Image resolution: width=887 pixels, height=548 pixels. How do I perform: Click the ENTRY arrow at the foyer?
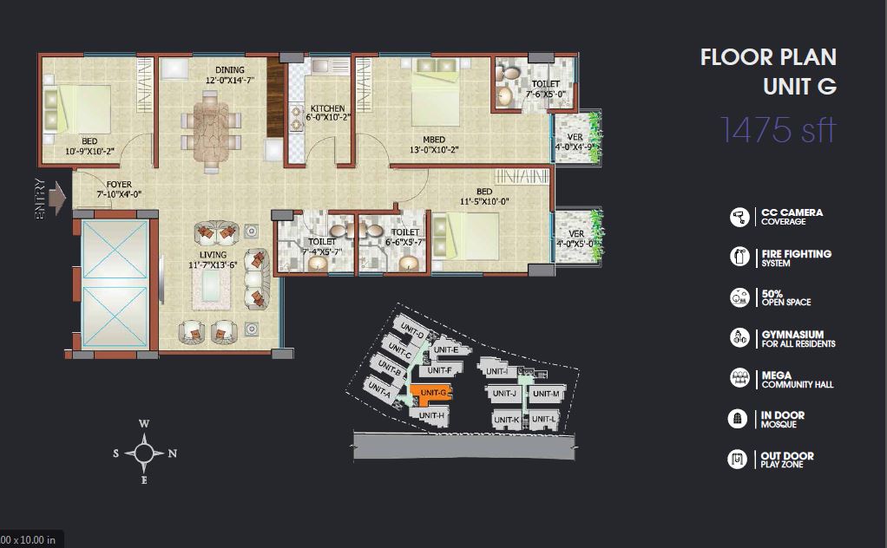57,198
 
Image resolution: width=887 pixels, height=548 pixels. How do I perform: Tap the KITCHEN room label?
327,108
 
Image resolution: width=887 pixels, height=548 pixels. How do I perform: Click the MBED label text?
434,140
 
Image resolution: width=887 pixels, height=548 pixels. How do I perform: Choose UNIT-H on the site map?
432,416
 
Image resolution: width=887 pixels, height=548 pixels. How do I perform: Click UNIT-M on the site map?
546,394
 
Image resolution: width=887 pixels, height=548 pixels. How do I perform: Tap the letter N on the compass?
173,453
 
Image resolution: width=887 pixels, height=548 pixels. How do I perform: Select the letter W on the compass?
144,424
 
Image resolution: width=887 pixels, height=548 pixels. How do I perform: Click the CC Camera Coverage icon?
739,217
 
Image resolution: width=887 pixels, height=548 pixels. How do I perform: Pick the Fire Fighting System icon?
739,257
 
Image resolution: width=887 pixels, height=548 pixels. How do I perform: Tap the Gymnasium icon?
739,338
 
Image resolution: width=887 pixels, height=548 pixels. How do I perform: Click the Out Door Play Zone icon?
738,460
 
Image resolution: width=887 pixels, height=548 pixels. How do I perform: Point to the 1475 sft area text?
778,130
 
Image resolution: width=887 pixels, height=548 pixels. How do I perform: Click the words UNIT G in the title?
799,87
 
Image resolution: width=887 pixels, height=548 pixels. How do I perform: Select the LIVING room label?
213,255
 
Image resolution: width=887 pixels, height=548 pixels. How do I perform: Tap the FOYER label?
119,184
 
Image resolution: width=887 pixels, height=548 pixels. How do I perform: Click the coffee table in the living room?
211,290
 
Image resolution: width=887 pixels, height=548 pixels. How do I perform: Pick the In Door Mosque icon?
738,419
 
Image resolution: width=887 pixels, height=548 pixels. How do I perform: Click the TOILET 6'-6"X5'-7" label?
405,237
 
